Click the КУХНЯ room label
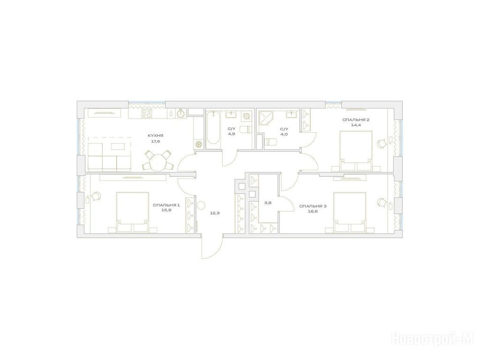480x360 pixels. tap(156, 135)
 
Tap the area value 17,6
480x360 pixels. tap(156, 141)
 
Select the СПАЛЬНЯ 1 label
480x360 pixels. tap(166, 205)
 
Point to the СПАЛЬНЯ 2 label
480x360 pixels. tap(356, 120)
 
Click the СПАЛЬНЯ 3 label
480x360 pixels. tap(313, 206)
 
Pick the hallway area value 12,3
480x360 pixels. tap(215, 213)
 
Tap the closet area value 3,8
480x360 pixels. tap(268, 202)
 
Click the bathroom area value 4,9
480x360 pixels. tap(232, 134)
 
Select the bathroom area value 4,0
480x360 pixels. tap(284, 134)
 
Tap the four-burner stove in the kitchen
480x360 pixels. tap(147, 113)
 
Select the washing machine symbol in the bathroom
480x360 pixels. tap(247, 116)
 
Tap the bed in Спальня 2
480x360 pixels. tap(356, 150)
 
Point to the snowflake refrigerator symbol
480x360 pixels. tap(199, 144)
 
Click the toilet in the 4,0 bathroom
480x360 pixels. tap(270, 142)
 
